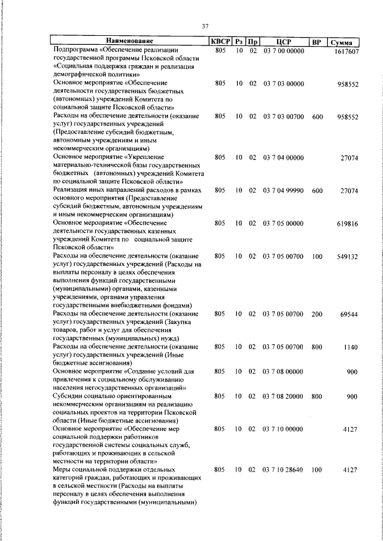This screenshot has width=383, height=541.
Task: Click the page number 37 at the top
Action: point(205,26)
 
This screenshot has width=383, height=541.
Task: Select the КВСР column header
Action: point(220,42)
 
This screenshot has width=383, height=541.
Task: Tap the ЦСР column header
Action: point(284,42)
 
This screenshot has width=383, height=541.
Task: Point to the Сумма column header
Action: point(345,42)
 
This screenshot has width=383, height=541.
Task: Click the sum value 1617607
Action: point(346,52)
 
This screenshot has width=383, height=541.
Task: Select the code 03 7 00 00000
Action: point(283,51)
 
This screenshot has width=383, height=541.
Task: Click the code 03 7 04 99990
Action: point(283,191)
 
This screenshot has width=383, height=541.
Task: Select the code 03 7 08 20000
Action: point(283,396)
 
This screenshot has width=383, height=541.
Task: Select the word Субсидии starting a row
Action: point(69,396)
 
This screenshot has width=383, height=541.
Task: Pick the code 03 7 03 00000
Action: point(283,84)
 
